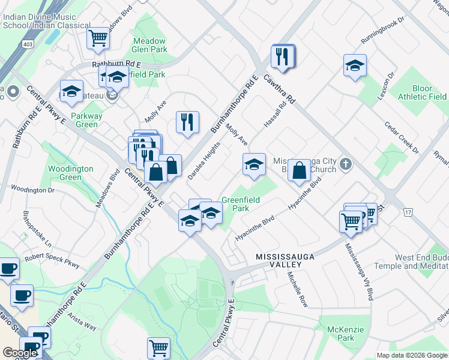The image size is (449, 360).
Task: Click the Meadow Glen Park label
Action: click(x=149, y=46)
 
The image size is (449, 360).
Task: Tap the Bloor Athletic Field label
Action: click(x=422, y=92)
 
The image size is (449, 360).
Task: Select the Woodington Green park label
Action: click(x=71, y=173)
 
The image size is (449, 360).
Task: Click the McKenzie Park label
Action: click(x=345, y=334)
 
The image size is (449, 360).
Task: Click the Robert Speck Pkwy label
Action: click(x=52, y=262)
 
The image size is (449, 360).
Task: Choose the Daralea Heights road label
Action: click(x=204, y=160)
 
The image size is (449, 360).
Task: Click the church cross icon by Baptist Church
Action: click(x=345, y=163)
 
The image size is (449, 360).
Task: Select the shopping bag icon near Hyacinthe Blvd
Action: click(x=299, y=170)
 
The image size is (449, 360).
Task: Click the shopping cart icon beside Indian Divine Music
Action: click(x=98, y=38)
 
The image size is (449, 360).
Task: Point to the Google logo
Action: click(x=20, y=353)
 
